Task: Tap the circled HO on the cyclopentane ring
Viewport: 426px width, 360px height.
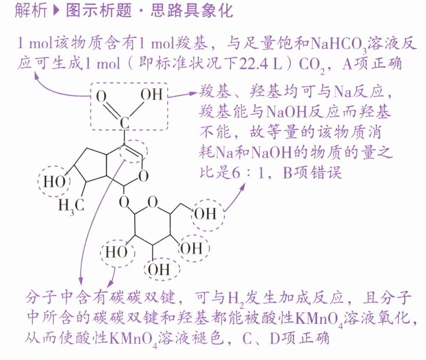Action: pyautogui.click(x=55, y=181)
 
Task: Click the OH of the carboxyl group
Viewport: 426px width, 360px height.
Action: pyautogui.click(x=151, y=95)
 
